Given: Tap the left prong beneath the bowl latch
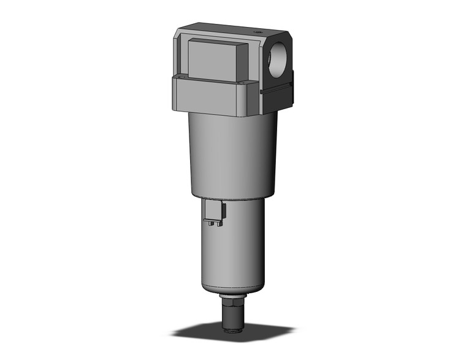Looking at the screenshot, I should [209, 224].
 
